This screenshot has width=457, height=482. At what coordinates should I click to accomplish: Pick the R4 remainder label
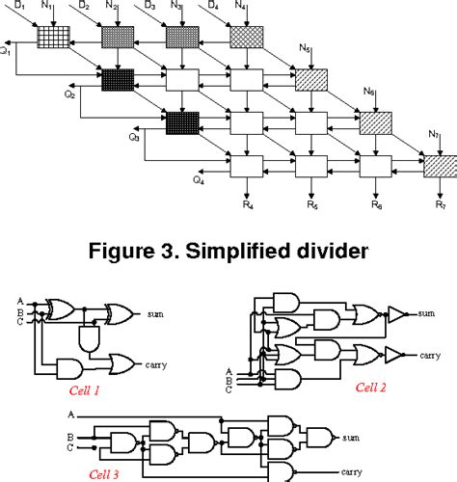click(247, 205)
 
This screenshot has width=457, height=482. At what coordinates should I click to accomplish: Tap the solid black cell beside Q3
click(182, 122)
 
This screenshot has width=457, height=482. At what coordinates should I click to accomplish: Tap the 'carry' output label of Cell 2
click(429, 354)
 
